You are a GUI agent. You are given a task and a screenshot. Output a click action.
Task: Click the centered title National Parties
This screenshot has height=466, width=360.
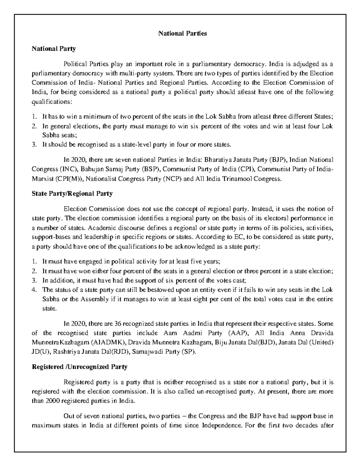pos(182,33)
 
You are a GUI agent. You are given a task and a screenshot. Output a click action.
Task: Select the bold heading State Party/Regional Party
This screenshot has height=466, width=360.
pos(72,194)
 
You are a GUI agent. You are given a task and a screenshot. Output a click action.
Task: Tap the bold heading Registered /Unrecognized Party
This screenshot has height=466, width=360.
pos(79,367)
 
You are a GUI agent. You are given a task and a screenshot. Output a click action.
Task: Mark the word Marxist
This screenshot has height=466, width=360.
pos(42,179)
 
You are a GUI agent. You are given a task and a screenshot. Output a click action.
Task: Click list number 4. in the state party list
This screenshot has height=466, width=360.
pos(34,290)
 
